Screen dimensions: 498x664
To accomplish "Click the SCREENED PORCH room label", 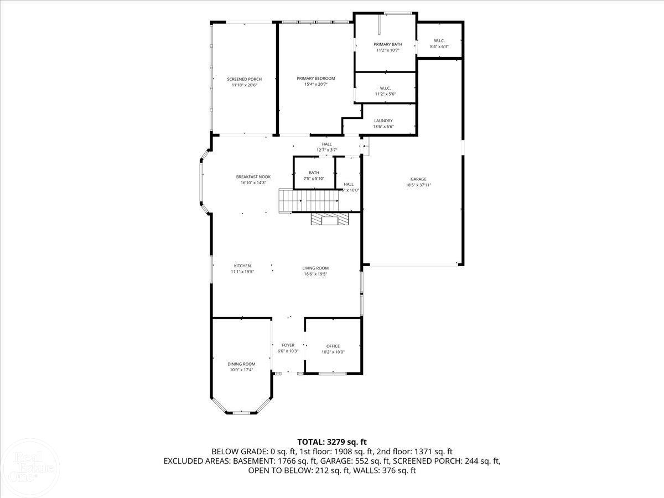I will (244, 79).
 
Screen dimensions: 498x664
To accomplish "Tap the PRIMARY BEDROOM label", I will (315, 79).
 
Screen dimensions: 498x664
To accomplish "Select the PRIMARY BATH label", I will (387, 44).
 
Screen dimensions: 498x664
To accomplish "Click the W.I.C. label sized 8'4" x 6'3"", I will (439, 41).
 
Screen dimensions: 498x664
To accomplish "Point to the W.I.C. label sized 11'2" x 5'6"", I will (385, 89).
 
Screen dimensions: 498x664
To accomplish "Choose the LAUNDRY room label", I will (383, 121).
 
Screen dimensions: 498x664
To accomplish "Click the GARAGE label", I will (418, 179).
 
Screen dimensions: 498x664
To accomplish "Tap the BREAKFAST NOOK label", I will (253, 177).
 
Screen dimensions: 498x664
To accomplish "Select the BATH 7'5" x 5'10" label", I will (314, 173).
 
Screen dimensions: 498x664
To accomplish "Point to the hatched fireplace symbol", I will (330, 220).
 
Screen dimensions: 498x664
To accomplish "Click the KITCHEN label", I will (242, 266).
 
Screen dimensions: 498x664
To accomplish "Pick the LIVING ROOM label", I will (315, 268).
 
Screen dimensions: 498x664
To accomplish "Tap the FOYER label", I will (288, 345).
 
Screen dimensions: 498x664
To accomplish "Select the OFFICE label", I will (333, 346).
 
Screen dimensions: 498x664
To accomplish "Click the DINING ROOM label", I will (241, 364).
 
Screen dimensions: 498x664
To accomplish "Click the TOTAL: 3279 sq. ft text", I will (332, 442).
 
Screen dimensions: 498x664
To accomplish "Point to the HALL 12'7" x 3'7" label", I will (326, 144).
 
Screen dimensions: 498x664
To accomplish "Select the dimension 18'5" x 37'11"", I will (418, 185).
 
